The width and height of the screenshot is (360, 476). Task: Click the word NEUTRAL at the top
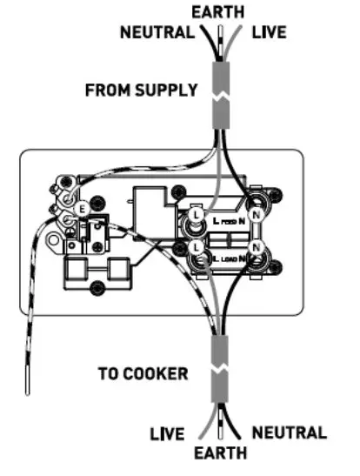coord(157,33)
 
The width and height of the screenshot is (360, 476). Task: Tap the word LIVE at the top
coord(270,33)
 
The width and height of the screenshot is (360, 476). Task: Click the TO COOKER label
coord(143,374)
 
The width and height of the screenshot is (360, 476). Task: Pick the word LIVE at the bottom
coord(169,432)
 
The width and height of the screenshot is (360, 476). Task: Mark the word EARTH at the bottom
coord(221,453)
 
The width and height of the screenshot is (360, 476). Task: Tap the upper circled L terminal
coord(197,212)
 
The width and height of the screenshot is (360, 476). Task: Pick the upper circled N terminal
coord(257,212)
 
